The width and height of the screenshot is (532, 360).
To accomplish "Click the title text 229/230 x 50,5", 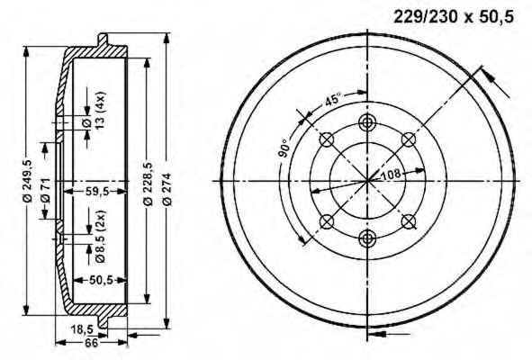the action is tap(454, 16).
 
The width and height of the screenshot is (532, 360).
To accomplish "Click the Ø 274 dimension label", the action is tap(167, 189).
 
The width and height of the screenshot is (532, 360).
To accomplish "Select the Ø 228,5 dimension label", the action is tap(149, 184).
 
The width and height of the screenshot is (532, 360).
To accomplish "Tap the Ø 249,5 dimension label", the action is tap(28, 181).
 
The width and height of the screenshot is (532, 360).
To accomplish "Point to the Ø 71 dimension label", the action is tap(46, 191).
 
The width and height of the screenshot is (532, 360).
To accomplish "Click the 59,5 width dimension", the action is tap(96, 192).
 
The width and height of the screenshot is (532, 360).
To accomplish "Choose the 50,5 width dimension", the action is tap(101, 280).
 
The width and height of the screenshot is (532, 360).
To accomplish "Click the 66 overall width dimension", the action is tap(91, 343).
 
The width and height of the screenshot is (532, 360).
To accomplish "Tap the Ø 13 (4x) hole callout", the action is tap(95, 111).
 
